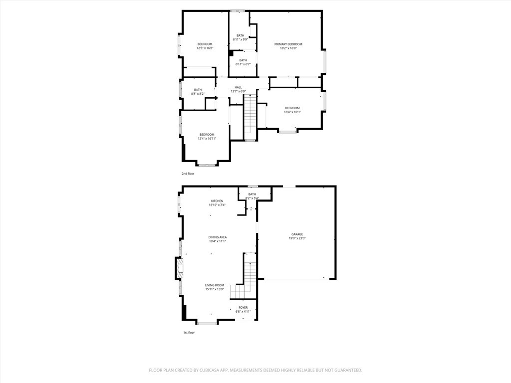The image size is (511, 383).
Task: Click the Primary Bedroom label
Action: (288, 44)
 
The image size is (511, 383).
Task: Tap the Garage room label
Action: (297, 234)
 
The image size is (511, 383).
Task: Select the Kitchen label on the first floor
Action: (217, 201)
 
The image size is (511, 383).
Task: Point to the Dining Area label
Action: (218, 237)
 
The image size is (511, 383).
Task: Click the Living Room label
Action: (215, 285)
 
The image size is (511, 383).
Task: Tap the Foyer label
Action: (243, 307)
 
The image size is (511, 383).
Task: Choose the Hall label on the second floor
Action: (238, 87)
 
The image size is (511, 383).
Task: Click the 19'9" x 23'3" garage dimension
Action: (297, 238)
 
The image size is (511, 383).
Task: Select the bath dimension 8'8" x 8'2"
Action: (198, 94)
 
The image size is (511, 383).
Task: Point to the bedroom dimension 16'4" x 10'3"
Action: (292, 112)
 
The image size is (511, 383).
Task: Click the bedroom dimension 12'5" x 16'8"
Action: (205, 48)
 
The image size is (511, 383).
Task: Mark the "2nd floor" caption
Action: (188, 174)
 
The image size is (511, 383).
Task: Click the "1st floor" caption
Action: (189, 333)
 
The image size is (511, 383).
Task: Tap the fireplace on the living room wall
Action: (179, 268)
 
